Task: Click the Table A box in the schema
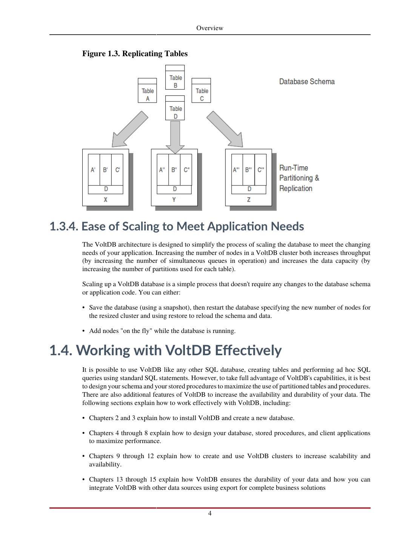tap(147, 90)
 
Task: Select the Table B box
tap(175, 77)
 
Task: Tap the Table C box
tap(201, 90)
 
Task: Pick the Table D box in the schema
tap(175, 108)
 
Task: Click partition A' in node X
tap(94, 170)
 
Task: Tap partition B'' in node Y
tap(174, 170)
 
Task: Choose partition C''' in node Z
tap(261, 170)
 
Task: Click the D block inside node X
tap(106, 189)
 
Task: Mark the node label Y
tap(174, 200)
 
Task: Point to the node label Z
tap(249, 200)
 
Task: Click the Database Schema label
tap(307, 81)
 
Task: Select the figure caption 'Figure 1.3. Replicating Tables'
tap(135, 54)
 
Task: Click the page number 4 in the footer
tap(210, 513)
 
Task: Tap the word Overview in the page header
tap(210, 28)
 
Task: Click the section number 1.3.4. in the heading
tap(64, 226)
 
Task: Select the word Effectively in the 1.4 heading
tap(248, 350)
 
